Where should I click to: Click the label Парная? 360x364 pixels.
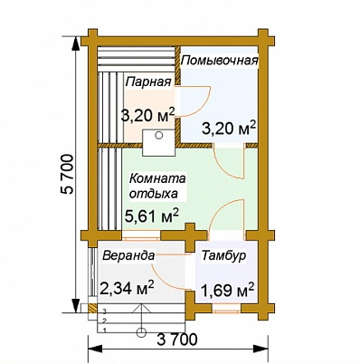[x=148, y=82]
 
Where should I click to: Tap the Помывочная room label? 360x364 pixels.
[x=220, y=61]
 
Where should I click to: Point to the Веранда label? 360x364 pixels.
[x=128, y=255]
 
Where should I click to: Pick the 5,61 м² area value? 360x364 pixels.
[x=150, y=215]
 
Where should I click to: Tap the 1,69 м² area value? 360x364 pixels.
[x=227, y=291]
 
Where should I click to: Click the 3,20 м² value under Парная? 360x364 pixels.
[x=147, y=115]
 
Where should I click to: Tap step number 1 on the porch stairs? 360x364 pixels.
[x=105, y=329]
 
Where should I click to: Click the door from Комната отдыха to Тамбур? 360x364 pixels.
[x=225, y=215]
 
